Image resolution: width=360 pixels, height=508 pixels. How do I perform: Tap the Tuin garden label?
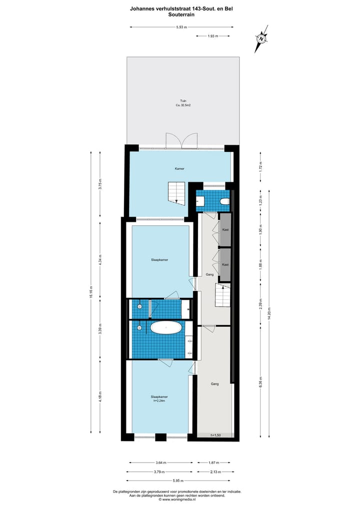(x=183, y=101)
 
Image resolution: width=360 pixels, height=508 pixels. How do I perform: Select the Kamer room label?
(x=179, y=168)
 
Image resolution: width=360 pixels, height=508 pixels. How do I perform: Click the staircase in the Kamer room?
(x=176, y=193)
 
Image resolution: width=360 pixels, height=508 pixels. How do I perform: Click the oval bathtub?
(x=166, y=328)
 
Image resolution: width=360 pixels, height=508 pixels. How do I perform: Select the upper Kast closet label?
(x=225, y=229)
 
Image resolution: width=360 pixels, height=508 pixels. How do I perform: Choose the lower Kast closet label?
(x=225, y=265)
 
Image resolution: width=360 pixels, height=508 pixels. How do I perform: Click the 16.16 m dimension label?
(x=90, y=292)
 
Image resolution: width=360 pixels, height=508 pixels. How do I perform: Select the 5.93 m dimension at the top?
(x=181, y=27)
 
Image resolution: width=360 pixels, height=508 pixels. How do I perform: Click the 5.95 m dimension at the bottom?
(x=181, y=481)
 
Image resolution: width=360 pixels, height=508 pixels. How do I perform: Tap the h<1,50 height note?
(x=215, y=435)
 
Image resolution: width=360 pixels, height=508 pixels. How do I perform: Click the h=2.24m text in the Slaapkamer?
(x=159, y=401)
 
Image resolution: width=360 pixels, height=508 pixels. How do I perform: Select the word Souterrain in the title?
(x=181, y=15)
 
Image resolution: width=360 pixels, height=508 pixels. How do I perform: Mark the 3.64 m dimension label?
(x=160, y=463)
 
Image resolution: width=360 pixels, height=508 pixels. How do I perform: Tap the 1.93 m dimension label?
(x=213, y=36)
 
